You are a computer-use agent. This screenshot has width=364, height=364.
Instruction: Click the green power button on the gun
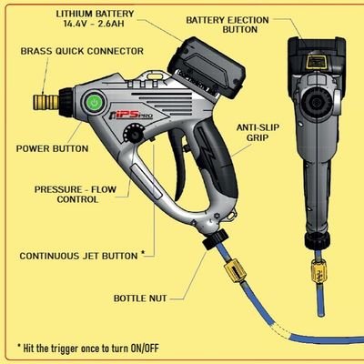tap(95, 103)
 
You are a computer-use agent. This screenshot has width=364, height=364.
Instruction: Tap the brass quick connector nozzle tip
tap(46, 102)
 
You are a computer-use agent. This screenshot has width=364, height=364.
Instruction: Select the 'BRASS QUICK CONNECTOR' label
tap(82, 51)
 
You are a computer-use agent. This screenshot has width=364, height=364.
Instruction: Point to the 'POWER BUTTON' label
tap(52, 148)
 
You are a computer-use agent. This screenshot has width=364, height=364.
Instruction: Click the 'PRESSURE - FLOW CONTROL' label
tap(76, 195)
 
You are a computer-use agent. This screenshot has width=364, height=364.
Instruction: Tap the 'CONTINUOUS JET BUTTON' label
tap(78, 256)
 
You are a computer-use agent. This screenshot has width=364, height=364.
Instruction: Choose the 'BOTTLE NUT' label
tap(140, 298)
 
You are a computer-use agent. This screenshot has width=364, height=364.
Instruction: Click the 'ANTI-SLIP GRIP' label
tap(258, 133)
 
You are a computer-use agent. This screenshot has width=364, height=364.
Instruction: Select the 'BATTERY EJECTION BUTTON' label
tap(227, 25)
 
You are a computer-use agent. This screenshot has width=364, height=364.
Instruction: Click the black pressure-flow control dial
tap(133, 134)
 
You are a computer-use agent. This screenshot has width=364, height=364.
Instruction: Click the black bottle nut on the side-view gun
tap(215, 239)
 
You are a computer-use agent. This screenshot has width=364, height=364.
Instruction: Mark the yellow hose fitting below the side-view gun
tap(235, 271)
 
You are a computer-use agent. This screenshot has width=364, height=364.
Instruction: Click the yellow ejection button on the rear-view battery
tap(316, 62)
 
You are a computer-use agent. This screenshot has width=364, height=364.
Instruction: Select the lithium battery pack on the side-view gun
tap(207, 68)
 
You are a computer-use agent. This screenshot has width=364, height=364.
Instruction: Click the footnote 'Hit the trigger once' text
tap(88, 348)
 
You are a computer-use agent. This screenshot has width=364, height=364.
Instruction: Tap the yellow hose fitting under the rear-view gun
tap(318, 271)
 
